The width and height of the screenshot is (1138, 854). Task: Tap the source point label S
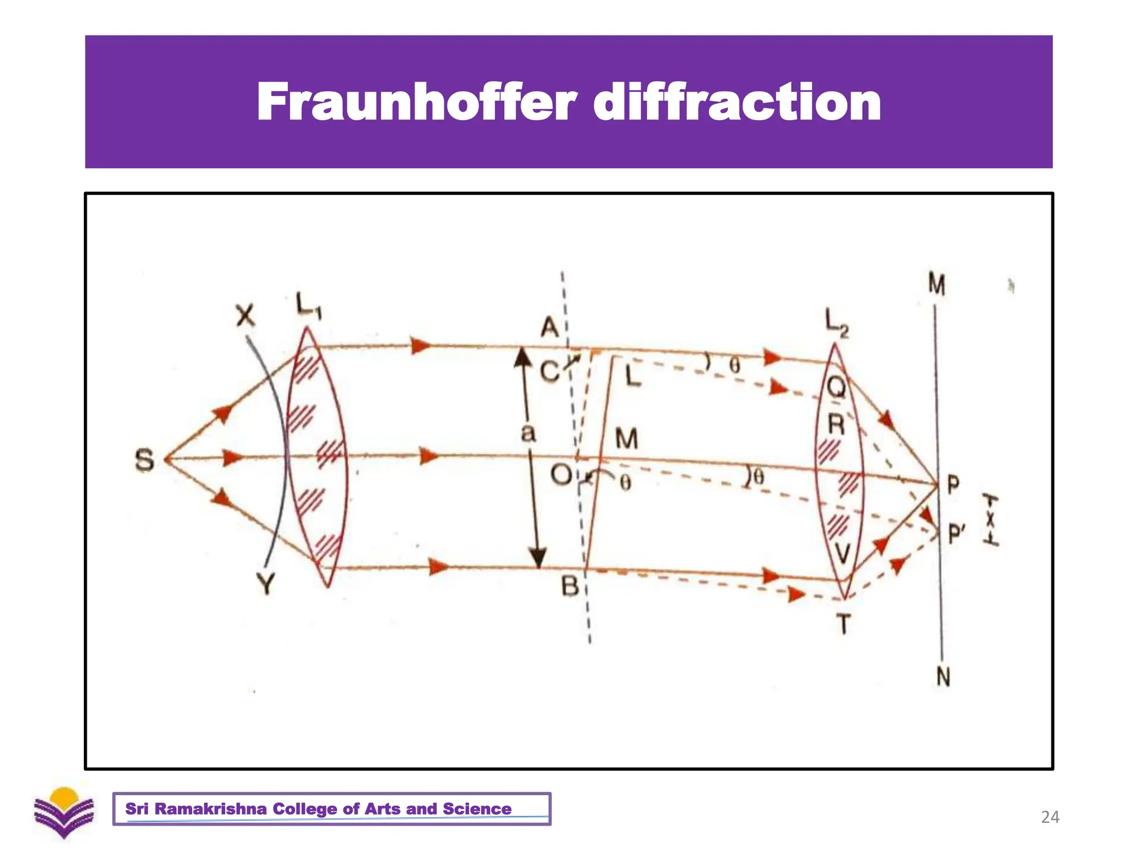[x=144, y=461]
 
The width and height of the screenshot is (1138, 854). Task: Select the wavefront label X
[x=246, y=316]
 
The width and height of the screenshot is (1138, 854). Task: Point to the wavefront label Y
[x=266, y=584]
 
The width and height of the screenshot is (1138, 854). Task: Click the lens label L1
[x=308, y=306]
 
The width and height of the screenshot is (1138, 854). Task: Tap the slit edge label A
[x=550, y=327]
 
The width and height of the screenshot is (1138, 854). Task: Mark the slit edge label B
[x=570, y=586]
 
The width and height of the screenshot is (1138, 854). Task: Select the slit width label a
[x=528, y=433]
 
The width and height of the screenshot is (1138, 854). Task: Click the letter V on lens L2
[x=842, y=554]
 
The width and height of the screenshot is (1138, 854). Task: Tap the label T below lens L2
[x=843, y=625]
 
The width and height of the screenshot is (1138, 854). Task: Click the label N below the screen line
[x=943, y=677]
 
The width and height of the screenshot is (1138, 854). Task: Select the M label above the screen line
[x=937, y=284]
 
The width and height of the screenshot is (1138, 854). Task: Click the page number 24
[x=1050, y=817]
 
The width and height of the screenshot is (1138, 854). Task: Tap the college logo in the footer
[x=64, y=812]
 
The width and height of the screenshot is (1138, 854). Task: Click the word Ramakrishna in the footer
[x=211, y=809]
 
